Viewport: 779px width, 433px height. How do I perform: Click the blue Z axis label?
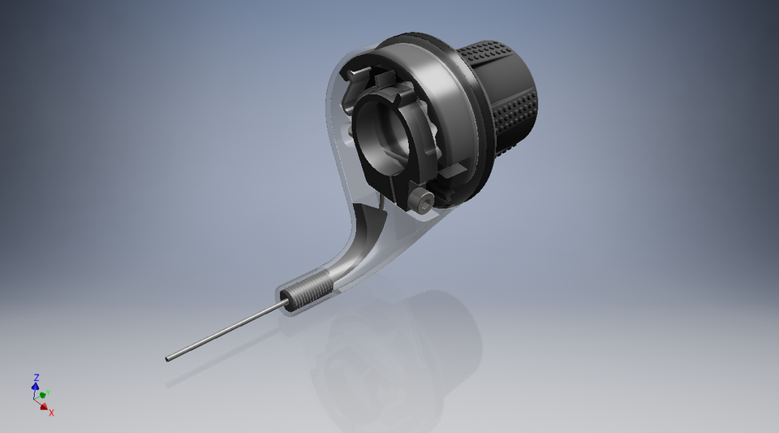37,378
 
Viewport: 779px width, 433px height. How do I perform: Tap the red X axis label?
51,413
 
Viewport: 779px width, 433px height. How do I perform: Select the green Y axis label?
49,392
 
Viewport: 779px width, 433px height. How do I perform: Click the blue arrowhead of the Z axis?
37,387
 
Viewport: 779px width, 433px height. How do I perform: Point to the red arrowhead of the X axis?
44,406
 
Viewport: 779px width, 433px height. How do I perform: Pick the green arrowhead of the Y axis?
43,395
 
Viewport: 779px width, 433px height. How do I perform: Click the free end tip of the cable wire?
168,357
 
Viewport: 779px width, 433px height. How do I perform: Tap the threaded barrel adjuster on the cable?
310,292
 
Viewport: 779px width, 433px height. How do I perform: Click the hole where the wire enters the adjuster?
286,305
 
